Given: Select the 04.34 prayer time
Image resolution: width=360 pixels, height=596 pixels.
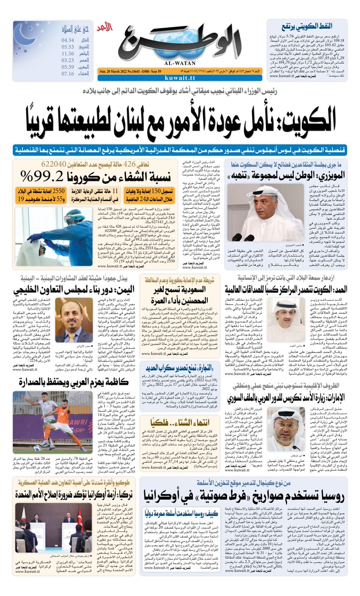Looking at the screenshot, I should point(68,40).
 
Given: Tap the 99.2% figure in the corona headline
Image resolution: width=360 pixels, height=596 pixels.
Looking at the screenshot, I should point(38,175).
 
